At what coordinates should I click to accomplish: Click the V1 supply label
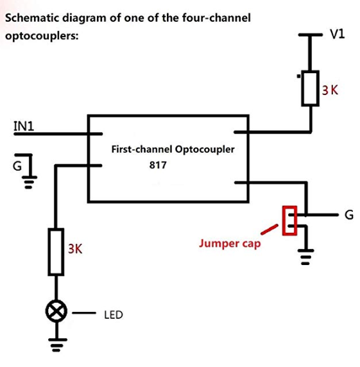[x=338, y=34]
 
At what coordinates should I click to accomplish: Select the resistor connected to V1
[x=310, y=89]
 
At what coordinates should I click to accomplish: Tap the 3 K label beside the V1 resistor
[x=330, y=90]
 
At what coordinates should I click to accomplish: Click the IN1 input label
[x=24, y=126]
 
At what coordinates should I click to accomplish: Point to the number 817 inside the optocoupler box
[x=158, y=165]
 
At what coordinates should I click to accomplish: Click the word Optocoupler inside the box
[x=205, y=149]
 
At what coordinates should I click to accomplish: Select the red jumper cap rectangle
[x=289, y=220]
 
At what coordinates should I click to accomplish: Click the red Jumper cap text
[x=230, y=244]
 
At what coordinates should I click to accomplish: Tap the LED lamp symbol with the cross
[x=56, y=311]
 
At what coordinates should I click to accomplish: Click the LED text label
[x=114, y=315]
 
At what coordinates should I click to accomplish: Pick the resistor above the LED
[x=56, y=252]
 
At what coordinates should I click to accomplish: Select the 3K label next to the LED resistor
[x=75, y=248]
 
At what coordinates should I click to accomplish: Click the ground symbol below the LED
[x=56, y=345]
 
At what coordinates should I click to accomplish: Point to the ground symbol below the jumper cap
[x=305, y=257]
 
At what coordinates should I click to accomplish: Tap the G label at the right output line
[x=349, y=215]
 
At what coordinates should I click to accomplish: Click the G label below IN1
[x=17, y=166]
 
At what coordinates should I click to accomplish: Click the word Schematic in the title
[x=32, y=18]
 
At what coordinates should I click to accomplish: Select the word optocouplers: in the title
[x=42, y=36]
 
